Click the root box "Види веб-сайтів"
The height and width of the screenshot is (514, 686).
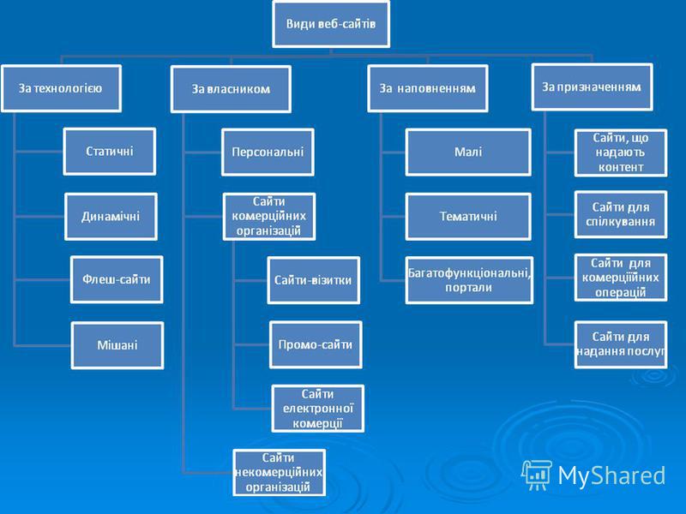[x=331, y=24]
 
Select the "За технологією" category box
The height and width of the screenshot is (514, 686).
[x=61, y=88]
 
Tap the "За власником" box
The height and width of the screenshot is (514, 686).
[x=231, y=89]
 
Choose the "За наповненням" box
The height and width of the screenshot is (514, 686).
[x=428, y=88]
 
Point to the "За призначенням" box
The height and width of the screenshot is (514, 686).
[x=592, y=87]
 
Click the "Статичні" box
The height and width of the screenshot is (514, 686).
[x=110, y=152]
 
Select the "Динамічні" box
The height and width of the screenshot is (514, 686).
[x=111, y=217]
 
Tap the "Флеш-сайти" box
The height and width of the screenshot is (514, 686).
[x=117, y=280]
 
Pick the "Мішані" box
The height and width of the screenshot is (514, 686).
[x=117, y=345]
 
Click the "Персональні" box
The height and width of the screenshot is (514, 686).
[x=268, y=152]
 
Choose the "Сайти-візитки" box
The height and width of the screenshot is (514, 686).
[x=314, y=280]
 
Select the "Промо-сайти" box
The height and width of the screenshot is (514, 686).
[x=316, y=345]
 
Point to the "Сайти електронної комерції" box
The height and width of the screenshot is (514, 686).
[x=317, y=409]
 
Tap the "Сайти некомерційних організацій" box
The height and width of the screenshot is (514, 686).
[x=280, y=473]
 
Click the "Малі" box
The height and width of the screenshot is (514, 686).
[x=468, y=152]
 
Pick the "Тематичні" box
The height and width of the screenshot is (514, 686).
[x=468, y=217]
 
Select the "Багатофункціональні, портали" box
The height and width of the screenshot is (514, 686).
[x=469, y=280]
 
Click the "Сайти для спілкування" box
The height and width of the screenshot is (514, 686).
[x=621, y=214]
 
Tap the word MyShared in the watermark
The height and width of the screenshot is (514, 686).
[x=611, y=475]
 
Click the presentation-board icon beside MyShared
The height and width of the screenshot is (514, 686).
[x=537, y=475]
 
